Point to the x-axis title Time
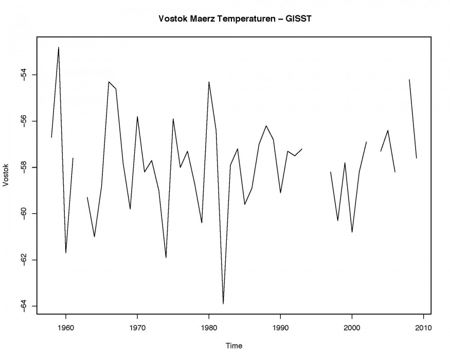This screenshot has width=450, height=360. (x=234, y=346)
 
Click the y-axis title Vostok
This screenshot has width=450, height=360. (x=7, y=175)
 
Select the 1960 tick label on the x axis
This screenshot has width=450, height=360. (x=66, y=327)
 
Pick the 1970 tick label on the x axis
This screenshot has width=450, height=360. (x=137, y=327)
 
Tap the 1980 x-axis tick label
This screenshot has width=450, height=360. (x=209, y=327)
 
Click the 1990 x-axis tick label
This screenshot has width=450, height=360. (x=280, y=327)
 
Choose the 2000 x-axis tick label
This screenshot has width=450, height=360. (x=352, y=327)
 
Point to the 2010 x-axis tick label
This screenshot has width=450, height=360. (x=423, y=327)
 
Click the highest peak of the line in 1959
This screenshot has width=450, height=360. (x=59, y=47)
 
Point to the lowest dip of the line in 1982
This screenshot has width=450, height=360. (x=223, y=303)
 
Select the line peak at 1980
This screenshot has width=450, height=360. (x=209, y=82)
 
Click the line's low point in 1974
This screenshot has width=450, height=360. (x=166, y=257)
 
